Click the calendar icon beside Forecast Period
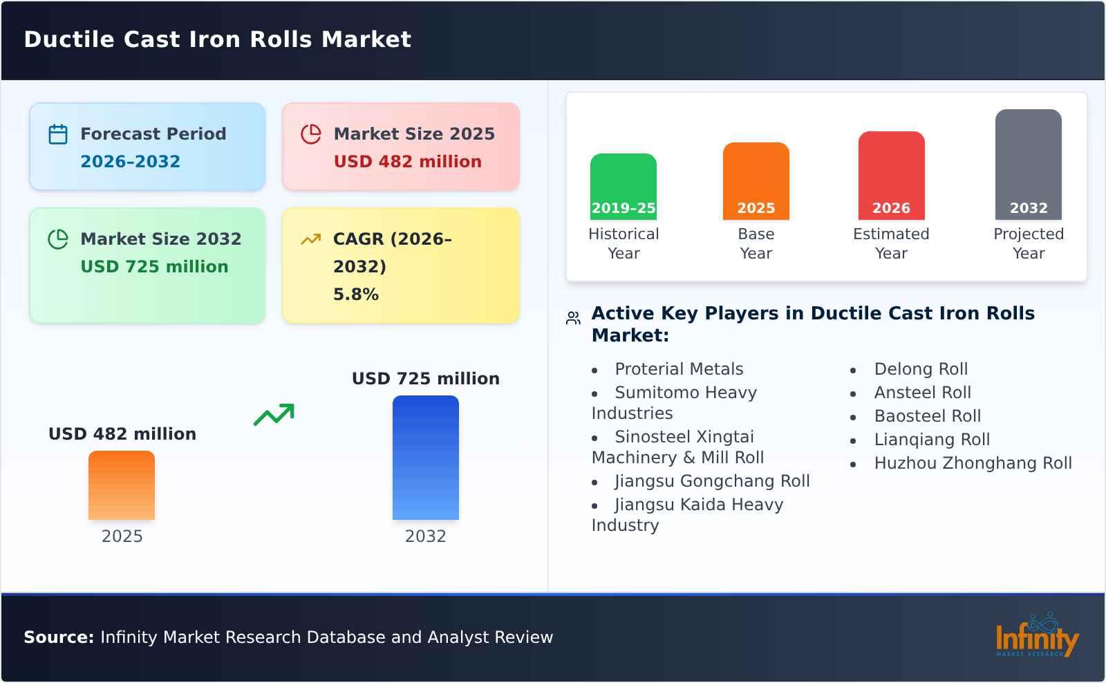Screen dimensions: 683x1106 (58, 134)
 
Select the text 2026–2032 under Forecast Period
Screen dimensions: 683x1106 (130, 162)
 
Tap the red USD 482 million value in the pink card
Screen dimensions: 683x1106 (407, 162)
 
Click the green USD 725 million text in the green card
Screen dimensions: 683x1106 (154, 267)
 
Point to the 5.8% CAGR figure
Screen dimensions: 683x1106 (355, 294)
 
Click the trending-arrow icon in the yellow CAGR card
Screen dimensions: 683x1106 (310, 239)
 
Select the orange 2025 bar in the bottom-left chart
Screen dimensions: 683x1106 (122, 485)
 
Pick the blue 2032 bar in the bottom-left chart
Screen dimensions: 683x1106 (425, 458)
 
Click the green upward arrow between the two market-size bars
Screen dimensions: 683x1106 (274, 415)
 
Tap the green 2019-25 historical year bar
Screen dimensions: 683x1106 (623, 187)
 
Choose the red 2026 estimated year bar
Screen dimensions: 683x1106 (891, 176)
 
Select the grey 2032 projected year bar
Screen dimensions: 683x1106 (1028, 165)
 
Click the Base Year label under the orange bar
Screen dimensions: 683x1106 (756, 243)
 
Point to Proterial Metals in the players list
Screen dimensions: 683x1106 (679, 369)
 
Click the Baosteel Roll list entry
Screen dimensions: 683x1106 (927, 416)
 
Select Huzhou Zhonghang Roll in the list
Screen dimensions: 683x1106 (973, 463)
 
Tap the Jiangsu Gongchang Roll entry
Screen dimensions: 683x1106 (712, 481)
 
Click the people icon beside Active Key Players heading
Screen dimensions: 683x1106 (573, 318)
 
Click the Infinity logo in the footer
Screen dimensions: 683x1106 (1036, 636)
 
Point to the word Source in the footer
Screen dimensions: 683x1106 (58, 637)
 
